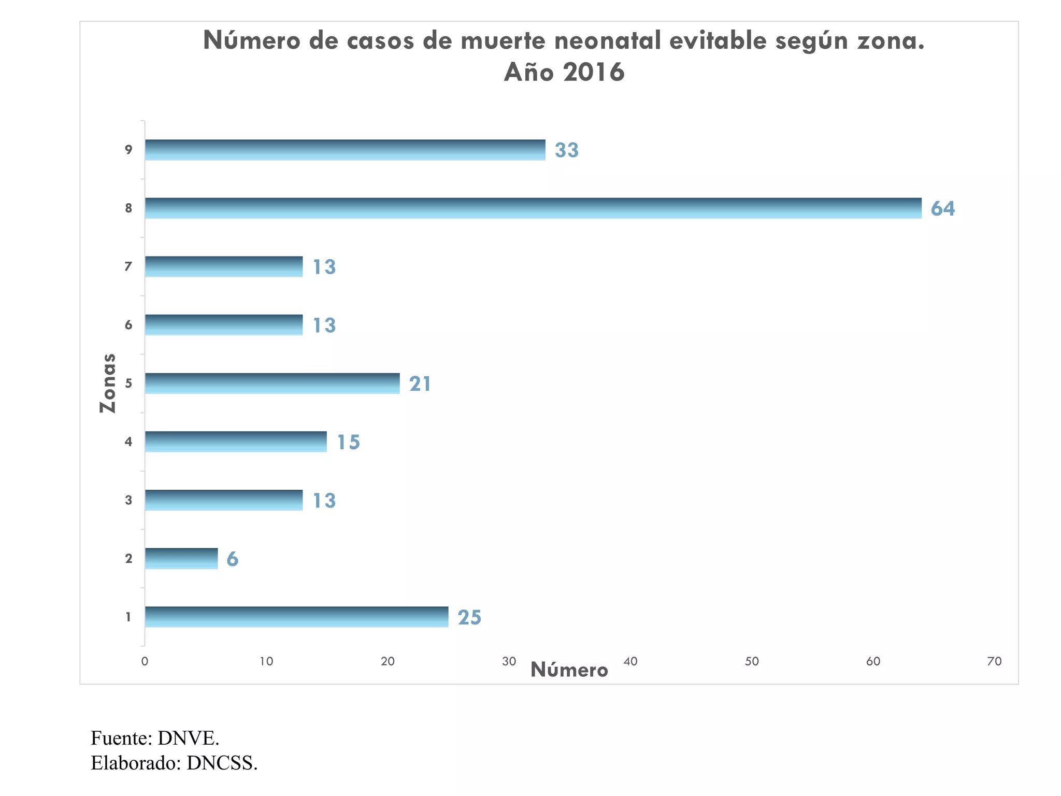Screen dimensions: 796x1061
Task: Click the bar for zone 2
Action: pos(181,558)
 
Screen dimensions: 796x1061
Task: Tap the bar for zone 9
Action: pos(345,150)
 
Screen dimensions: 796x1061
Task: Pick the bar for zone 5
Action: pos(272,383)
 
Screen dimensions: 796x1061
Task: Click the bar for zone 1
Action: pos(296,617)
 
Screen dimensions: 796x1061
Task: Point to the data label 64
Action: pos(942,208)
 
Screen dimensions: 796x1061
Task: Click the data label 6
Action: pos(233,559)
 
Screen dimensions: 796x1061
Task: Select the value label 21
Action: pos(420,384)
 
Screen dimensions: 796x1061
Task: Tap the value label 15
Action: pos(348,442)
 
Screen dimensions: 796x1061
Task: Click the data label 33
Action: pos(566,150)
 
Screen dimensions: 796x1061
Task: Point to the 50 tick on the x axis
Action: pos(752,661)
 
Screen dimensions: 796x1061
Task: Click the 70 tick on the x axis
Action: pos(994,661)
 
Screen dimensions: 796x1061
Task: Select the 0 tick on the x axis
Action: pos(145,661)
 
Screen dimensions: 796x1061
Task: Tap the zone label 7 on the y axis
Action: pos(128,266)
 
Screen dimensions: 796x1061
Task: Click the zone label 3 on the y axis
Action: pos(128,500)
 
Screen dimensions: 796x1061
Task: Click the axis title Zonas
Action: pos(108,383)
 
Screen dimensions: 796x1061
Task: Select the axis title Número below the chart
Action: pos(569,670)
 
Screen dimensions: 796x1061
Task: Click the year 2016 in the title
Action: pos(594,72)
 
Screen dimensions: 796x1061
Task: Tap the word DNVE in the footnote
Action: pos(188,738)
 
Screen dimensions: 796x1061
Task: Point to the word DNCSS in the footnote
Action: pos(221,763)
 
